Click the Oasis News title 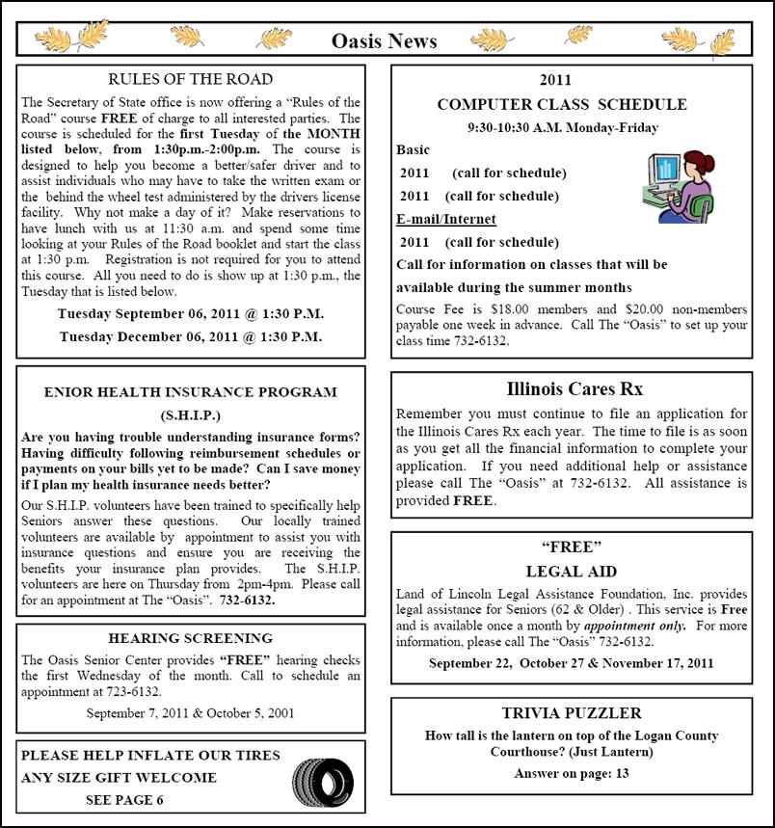pyautogui.click(x=384, y=40)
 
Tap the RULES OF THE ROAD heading pyautogui.click(x=191, y=79)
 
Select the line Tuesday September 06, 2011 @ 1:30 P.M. pyautogui.click(x=191, y=314)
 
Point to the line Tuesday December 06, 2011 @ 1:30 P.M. pyautogui.click(x=191, y=336)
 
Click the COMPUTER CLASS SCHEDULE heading pyautogui.click(x=562, y=104)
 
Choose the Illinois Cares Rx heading pyautogui.click(x=575, y=389)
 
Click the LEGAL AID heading pyautogui.click(x=572, y=572)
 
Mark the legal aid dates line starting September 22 pyautogui.click(x=572, y=663)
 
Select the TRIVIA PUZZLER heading pyautogui.click(x=572, y=713)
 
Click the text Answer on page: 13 pyautogui.click(x=572, y=773)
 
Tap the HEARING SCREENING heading pyautogui.click(x=191, y=638)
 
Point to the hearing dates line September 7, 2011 pyautogui.click(x=191, y=713)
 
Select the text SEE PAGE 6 pyautogui.click(x=124, y=800)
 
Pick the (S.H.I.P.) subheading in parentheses pyautogui.click(x=191, y=416)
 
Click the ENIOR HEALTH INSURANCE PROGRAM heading pyautogui.click(x=191, y=392)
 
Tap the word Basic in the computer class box pyautogui.click(x=414, y=150)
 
